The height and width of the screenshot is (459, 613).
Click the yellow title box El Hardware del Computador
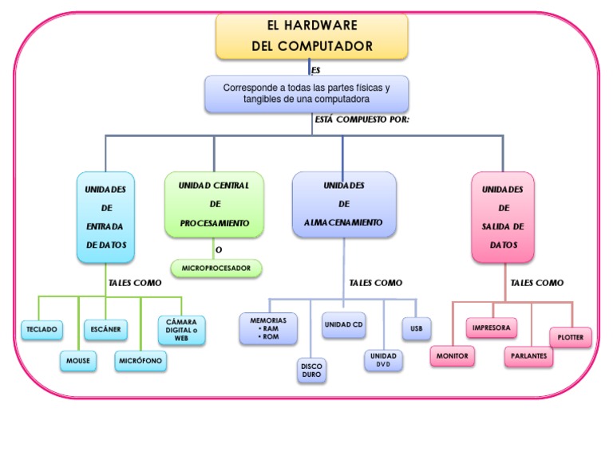pyautogui.click(x=312, y=36)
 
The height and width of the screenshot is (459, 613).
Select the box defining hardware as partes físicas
pyautogui.click(x=306, y=94)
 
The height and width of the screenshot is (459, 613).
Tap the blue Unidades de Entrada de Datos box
pyautogui.click(x=105, y=217)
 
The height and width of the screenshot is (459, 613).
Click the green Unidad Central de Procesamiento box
pyautogui.click(x=214, y=204)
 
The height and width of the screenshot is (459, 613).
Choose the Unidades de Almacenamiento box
pyautogui.click(x=343, y=204)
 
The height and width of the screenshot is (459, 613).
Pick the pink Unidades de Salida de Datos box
pyautogui.click(x=503, y=217)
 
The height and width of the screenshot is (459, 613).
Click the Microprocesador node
pyautogui.click(x=216, y=269)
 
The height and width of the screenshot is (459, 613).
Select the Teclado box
pyautogui.click(x=42, y=328)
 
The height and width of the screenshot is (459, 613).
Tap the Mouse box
pyautogui.click(x=77, y=361)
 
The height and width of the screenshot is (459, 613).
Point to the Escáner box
pyautogui.click(x=105, y=328)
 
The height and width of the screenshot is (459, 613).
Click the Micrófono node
pyautogui.click(x=140, y=361)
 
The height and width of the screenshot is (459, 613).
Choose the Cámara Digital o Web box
pyautogui.click(x=181, y=329)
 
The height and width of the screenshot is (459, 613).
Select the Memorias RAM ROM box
pyautogui.click(x=268, y=328)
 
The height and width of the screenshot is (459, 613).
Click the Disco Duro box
pyautogui.click(x=311, y=368)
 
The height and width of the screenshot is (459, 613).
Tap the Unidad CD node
pyautogui.click(x=344, y=325)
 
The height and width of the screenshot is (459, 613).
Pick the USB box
pyautogui.click(x=417, y=328)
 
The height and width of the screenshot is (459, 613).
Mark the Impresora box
pyautogui.click(x=491, y=328)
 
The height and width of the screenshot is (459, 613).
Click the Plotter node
pyautogui.click(x=570, y=337)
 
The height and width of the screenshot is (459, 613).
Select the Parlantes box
pyautogui.click(x=528, y=355)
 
